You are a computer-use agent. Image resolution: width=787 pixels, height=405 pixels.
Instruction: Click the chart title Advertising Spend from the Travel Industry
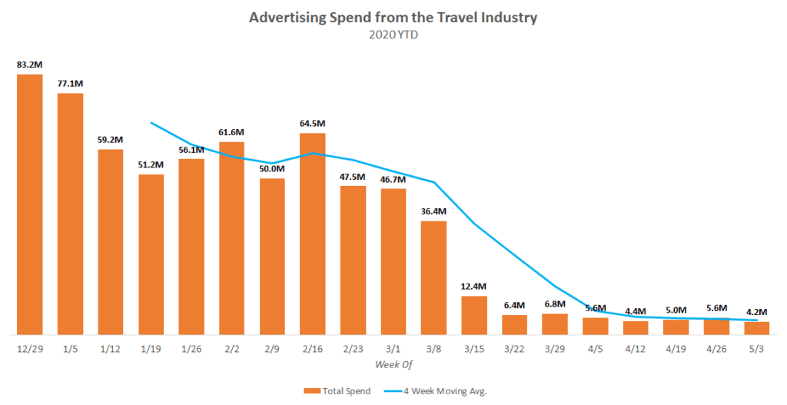393,18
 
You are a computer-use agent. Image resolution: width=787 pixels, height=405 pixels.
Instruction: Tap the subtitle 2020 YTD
393,34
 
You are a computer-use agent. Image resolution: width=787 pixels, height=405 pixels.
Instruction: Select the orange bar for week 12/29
30,204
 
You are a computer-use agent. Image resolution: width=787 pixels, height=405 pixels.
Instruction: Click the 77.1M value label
70,83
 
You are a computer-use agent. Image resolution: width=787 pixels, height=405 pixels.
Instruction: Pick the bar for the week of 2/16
312,234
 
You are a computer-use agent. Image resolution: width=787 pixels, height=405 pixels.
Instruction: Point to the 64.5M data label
312,123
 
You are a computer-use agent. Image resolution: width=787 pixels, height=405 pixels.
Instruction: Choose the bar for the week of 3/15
474,316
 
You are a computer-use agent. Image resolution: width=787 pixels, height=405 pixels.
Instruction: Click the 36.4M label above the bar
433,211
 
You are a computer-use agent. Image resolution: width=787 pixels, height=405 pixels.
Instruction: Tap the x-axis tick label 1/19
151,348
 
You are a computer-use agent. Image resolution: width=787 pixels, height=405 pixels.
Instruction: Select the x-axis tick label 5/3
757,348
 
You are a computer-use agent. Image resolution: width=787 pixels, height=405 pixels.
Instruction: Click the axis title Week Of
393,362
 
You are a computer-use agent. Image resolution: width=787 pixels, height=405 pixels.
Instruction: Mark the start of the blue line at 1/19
151,122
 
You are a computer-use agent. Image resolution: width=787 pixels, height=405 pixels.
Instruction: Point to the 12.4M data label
474,285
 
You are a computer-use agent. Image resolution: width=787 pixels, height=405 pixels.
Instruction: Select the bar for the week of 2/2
231,238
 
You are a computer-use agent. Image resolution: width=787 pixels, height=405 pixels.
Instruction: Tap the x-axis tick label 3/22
514,348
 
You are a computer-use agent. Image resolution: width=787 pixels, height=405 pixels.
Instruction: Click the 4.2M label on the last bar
757,311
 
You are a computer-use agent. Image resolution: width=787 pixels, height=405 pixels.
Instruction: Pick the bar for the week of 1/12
111,242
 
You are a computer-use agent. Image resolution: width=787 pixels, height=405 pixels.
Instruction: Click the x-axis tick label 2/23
353,348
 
